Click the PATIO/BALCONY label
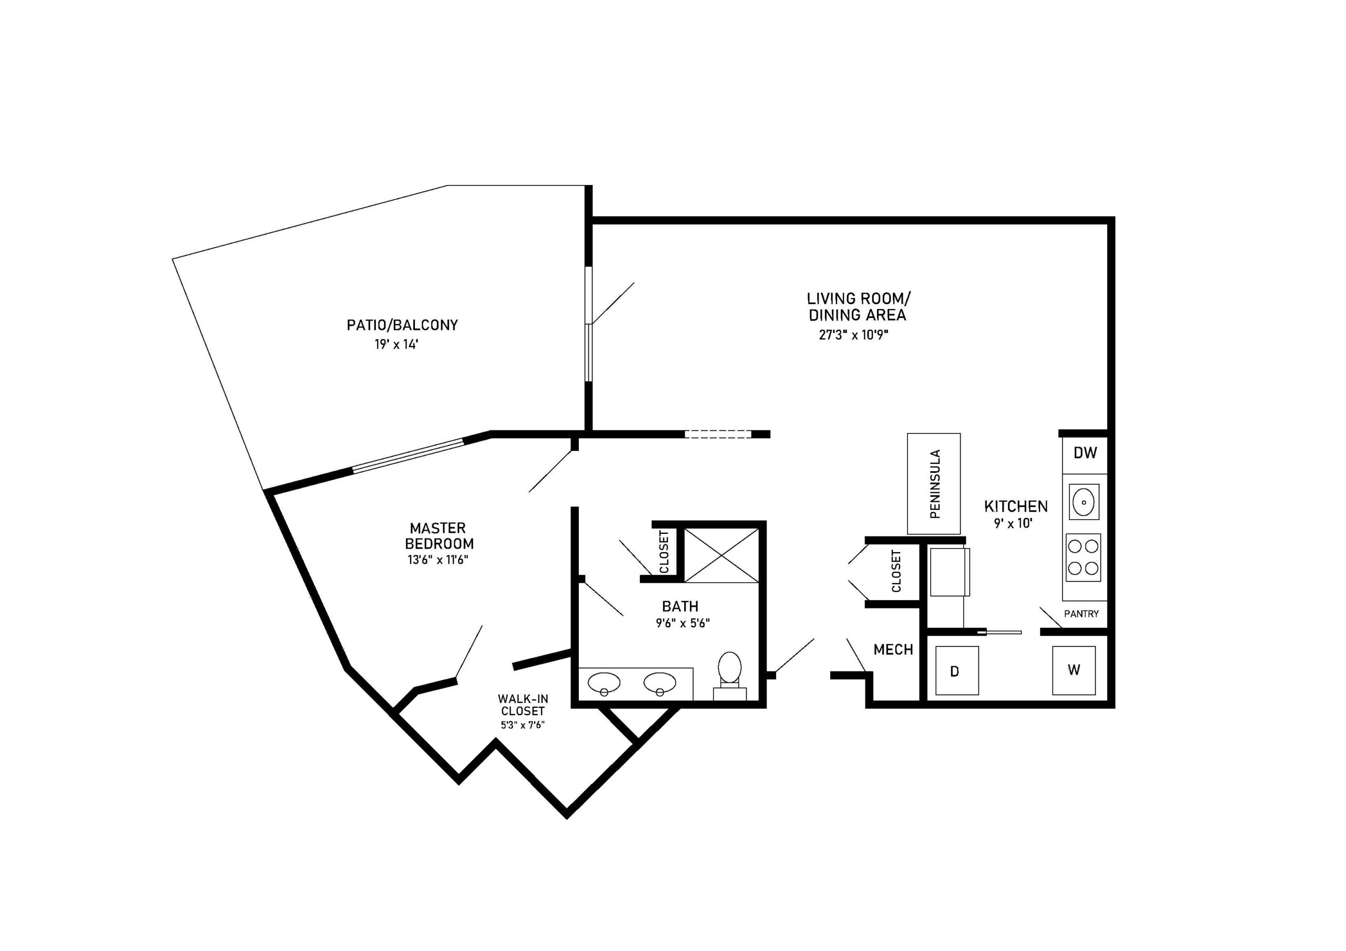coord(402,325)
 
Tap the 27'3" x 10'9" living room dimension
coord(857,335)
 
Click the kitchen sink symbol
coord(1084,502)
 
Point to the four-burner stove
coord(1083,557)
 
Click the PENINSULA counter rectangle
coord(934,484)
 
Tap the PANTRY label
coord(1082,614)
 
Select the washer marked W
coord(1074,670)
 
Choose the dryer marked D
coord(957,670)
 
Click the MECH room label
coord(893,649)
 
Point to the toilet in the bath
coord(730,676)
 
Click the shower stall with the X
coord(722,555)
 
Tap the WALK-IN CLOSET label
coord(523,705)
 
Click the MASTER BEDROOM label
coord(439,536)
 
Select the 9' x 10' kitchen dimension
coord(1013,523)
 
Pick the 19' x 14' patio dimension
coord(397,345)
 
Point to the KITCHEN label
coord(1016,506)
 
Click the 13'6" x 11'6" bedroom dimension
coord(438,560)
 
